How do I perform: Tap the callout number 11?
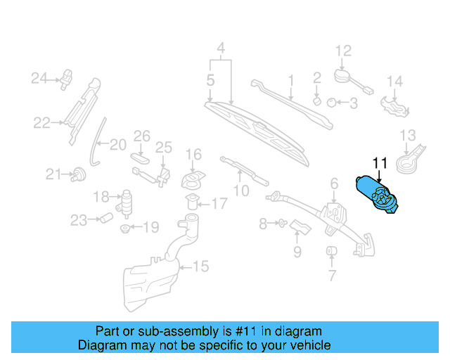[x=380, y=164]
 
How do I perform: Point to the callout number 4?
[x=221, y=49]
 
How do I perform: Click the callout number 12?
[x=342, y=51]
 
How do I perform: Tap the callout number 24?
[x=38, y=77]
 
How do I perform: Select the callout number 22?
[x=41, y=123]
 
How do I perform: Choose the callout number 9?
[x=297, y=250]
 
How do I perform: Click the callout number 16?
[x=193, y=154]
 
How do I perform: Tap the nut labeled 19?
[x=124, y=229]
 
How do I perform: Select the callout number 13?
[x=408, y=135]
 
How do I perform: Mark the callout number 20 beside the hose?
[x=117, y=145]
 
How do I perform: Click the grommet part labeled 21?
[x=78, y=173]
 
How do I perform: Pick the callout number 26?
[x=142, y=135]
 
